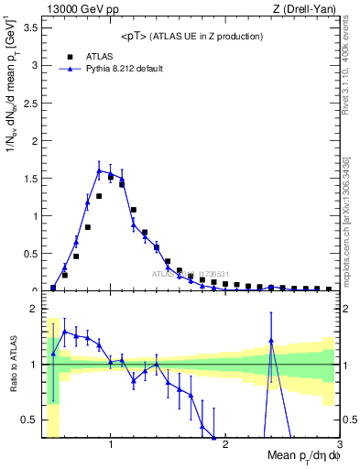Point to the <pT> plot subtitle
pyautogui.click(x=191, y=36)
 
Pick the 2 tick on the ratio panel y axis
pyautogui.click(x=33, y=309)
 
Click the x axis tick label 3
pyautogui.click(x=339, y=445)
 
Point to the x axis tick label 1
pyautogui.click(x=111, y=445)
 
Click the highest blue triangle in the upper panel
pyautogui.click(x=99, y=170)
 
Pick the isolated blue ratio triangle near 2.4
pyautogui.click(x=271, y=341)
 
